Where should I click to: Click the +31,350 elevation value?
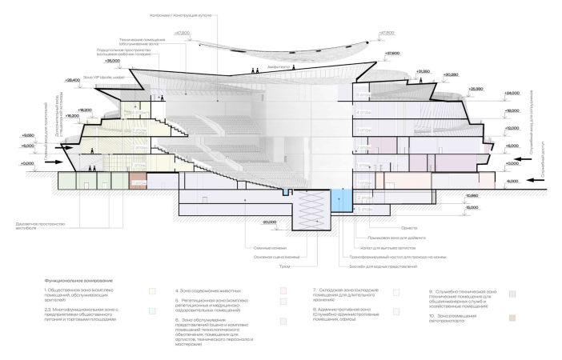click(424, 71)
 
